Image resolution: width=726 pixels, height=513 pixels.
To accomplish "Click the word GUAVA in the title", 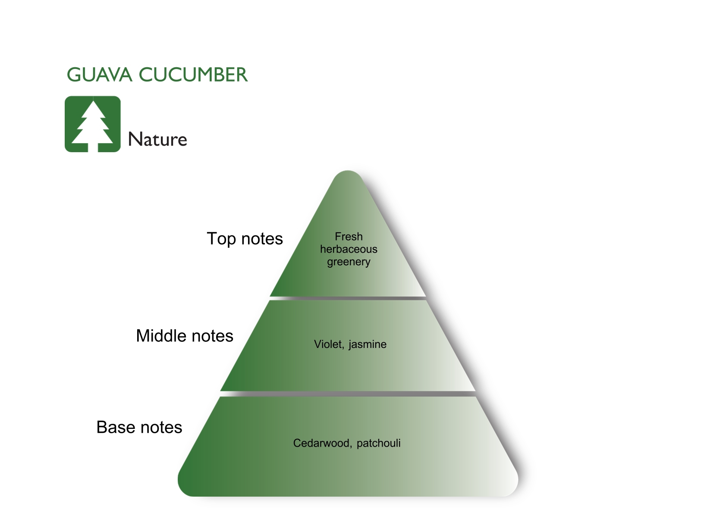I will click(99, 75).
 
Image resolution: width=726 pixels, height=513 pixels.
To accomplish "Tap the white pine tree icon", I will click(93, 123).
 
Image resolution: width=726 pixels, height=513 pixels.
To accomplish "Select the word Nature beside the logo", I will click(157, 140).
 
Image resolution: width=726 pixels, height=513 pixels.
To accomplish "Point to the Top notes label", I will click(245, 239).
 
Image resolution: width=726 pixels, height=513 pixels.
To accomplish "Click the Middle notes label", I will click(185, 336).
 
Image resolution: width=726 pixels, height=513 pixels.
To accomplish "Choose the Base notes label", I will click(139, 427).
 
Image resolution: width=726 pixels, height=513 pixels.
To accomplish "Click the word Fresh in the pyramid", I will click(349, 237).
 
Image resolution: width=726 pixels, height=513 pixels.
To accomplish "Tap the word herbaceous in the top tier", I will click(349, 249).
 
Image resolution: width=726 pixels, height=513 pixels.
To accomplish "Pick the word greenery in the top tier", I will click(349, 262).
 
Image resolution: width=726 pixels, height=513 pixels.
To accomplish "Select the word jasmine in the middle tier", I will click(368, 344).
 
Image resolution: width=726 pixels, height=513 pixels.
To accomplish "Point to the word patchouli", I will click(379, 443).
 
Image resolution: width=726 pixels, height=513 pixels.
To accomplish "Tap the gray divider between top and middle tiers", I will click(348, 298).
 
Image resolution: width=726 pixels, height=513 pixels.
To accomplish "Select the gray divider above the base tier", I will click(348, 394).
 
